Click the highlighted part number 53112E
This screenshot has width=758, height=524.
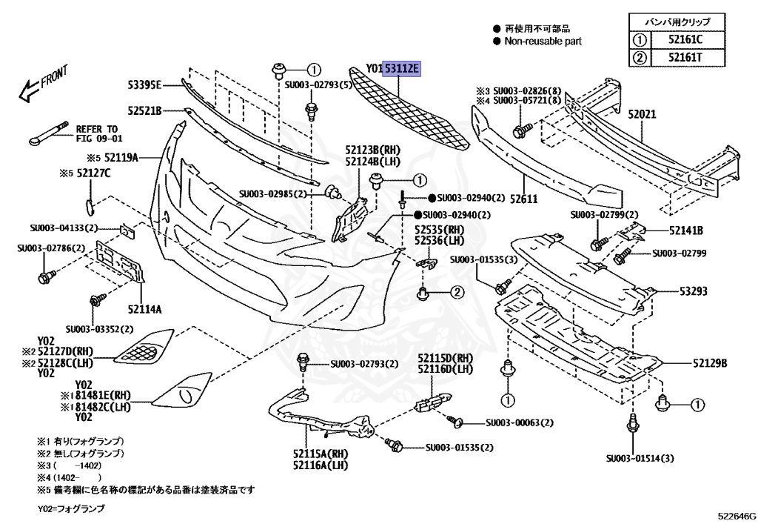[x=401, y=70]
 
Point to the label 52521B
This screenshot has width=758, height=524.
[x=144, y=110]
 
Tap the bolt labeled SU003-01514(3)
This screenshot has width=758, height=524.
[x=633, y=426]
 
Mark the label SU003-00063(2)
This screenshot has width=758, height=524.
[x=520, y=422]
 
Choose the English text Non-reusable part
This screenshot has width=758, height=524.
[x=543, y=42]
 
